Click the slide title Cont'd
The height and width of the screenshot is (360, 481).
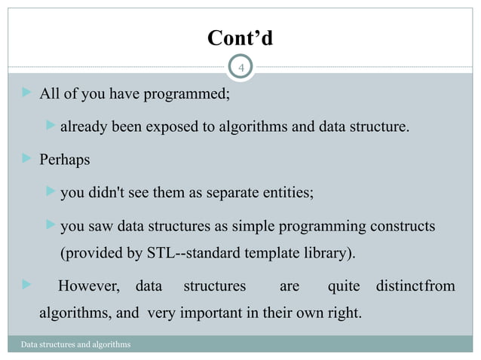click(240, 38)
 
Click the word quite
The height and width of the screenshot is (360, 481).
click(343, 286)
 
